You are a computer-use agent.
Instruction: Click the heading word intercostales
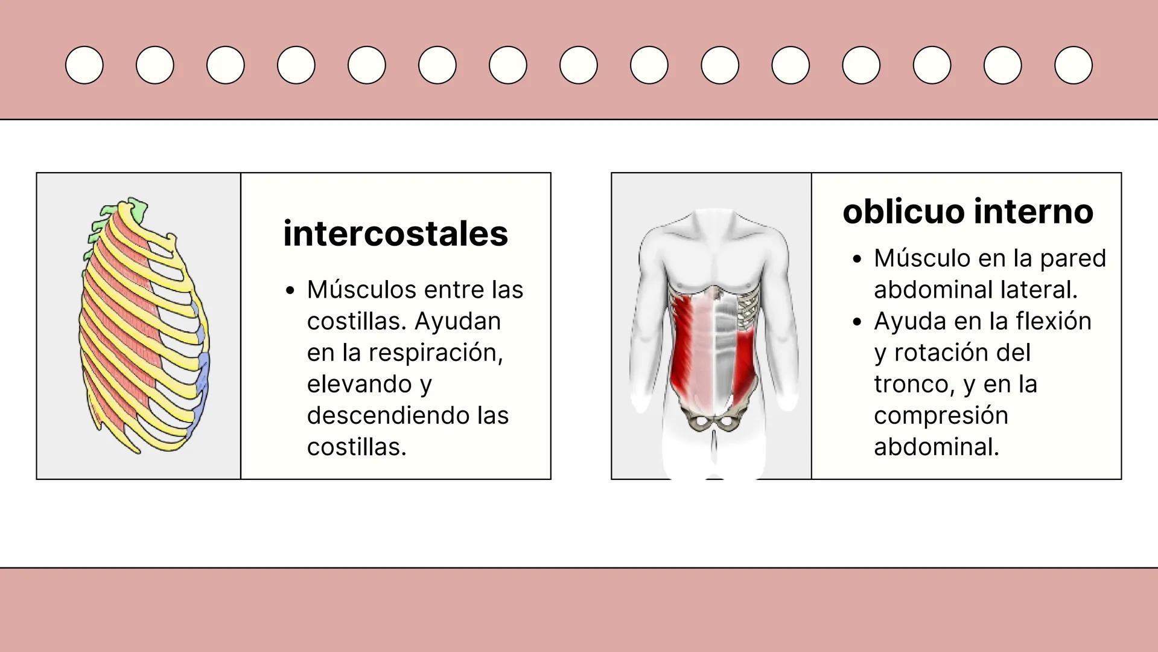click(395, 234)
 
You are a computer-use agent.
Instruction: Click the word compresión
click(941, 415)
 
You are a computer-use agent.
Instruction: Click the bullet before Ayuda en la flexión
click(857, 322)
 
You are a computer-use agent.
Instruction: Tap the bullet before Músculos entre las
click(290, 291)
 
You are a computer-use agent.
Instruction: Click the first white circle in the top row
click(84, 65)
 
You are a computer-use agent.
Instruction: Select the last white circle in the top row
click(1073, 65)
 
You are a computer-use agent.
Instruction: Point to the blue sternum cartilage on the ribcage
click(203, 369)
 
